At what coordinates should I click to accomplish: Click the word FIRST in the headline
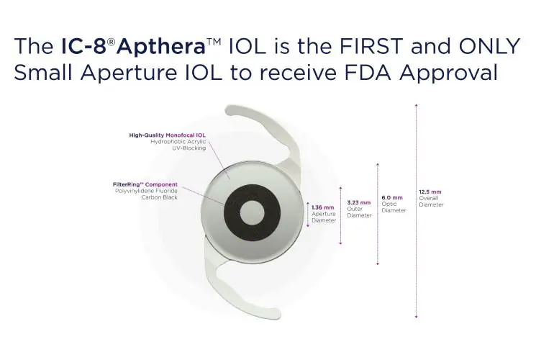(371, 46)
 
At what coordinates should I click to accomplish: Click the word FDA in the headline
(368, 73)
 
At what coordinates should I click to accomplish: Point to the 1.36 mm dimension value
(322, 207)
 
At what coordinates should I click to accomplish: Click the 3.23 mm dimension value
(358, 202)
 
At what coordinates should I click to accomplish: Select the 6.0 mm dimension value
(392, 198)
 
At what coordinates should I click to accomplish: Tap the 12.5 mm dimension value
(430, 192)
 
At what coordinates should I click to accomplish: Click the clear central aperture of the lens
(253, 213)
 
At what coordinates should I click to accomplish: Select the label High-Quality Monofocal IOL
(167, 135)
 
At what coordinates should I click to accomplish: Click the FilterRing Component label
(145, 184)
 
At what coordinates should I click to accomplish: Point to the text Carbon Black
(159, 197)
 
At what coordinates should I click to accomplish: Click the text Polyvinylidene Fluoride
(146, 191)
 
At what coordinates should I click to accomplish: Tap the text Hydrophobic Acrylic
(178, 141)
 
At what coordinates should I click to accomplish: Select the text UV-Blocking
(189, 148)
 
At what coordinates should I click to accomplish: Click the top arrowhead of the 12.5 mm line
(417, 105)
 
